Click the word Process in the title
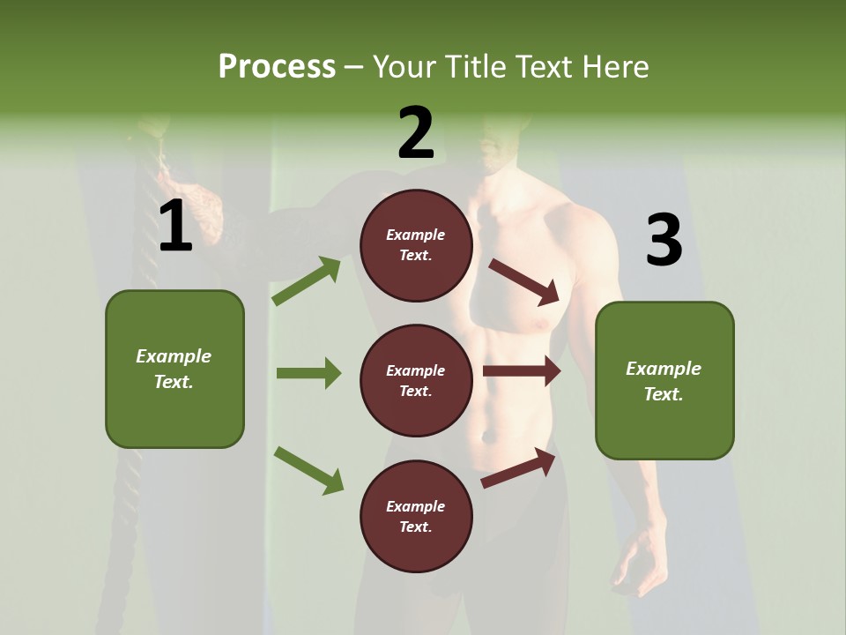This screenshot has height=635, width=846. point(277,67)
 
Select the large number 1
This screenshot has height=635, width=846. point(175,227)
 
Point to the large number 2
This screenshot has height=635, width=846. point(416,133)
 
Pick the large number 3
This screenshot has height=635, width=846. point(664,241)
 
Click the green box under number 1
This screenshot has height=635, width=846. point(174,369)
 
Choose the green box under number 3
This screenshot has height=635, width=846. point(664,380)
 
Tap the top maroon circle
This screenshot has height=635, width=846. point(416,245)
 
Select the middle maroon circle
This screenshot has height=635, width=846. point(416,380)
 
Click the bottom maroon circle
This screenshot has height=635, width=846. point(416,516)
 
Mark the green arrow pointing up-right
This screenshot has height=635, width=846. point(307,280)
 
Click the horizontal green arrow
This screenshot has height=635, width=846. point(308,373)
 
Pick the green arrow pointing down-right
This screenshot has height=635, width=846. point(308,470)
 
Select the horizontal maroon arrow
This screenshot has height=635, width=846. point(522,371)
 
